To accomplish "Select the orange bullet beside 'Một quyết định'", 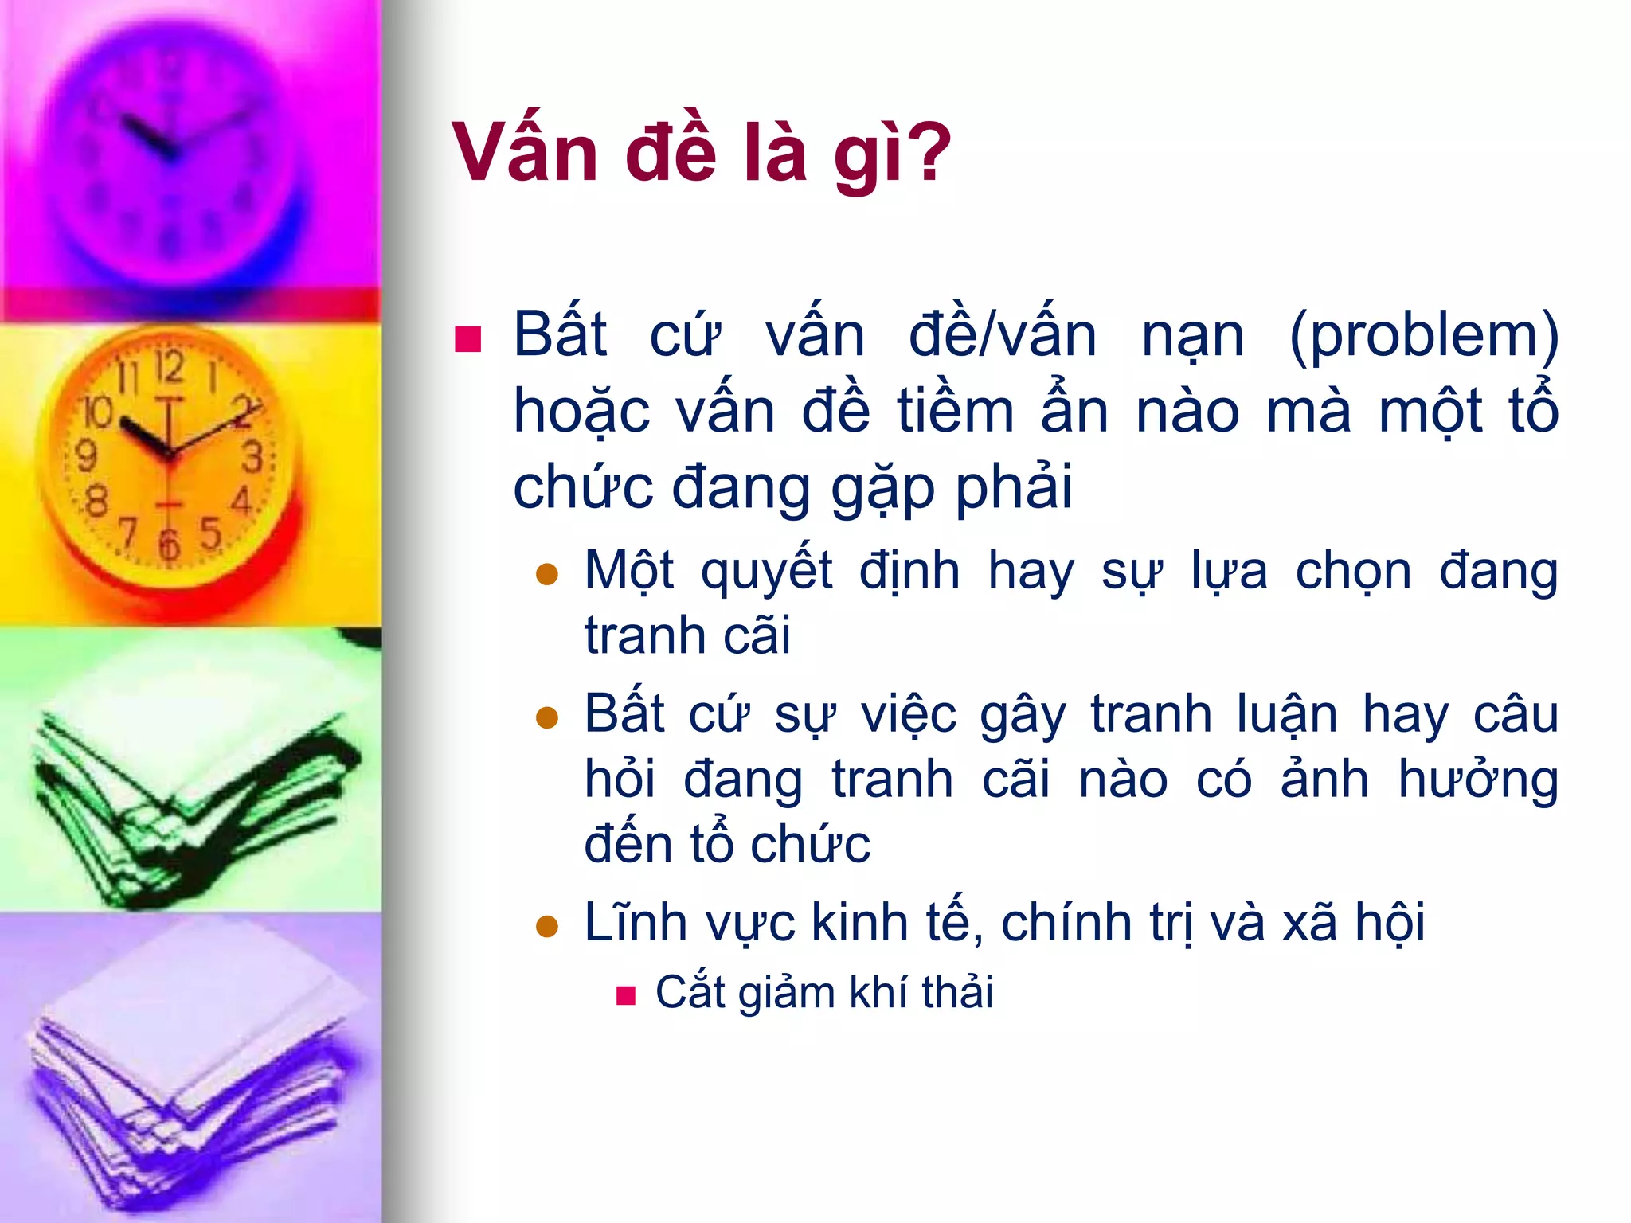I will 547,574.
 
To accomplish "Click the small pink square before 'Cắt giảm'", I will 626,995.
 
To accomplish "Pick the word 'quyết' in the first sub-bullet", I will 766,572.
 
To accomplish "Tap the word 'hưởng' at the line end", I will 1478,780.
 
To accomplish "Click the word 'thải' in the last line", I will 957,992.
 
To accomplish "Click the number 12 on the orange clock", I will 170,367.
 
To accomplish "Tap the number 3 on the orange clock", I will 252,458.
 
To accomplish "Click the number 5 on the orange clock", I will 210,533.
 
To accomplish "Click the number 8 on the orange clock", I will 96,502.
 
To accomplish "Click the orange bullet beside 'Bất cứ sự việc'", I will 547,717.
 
